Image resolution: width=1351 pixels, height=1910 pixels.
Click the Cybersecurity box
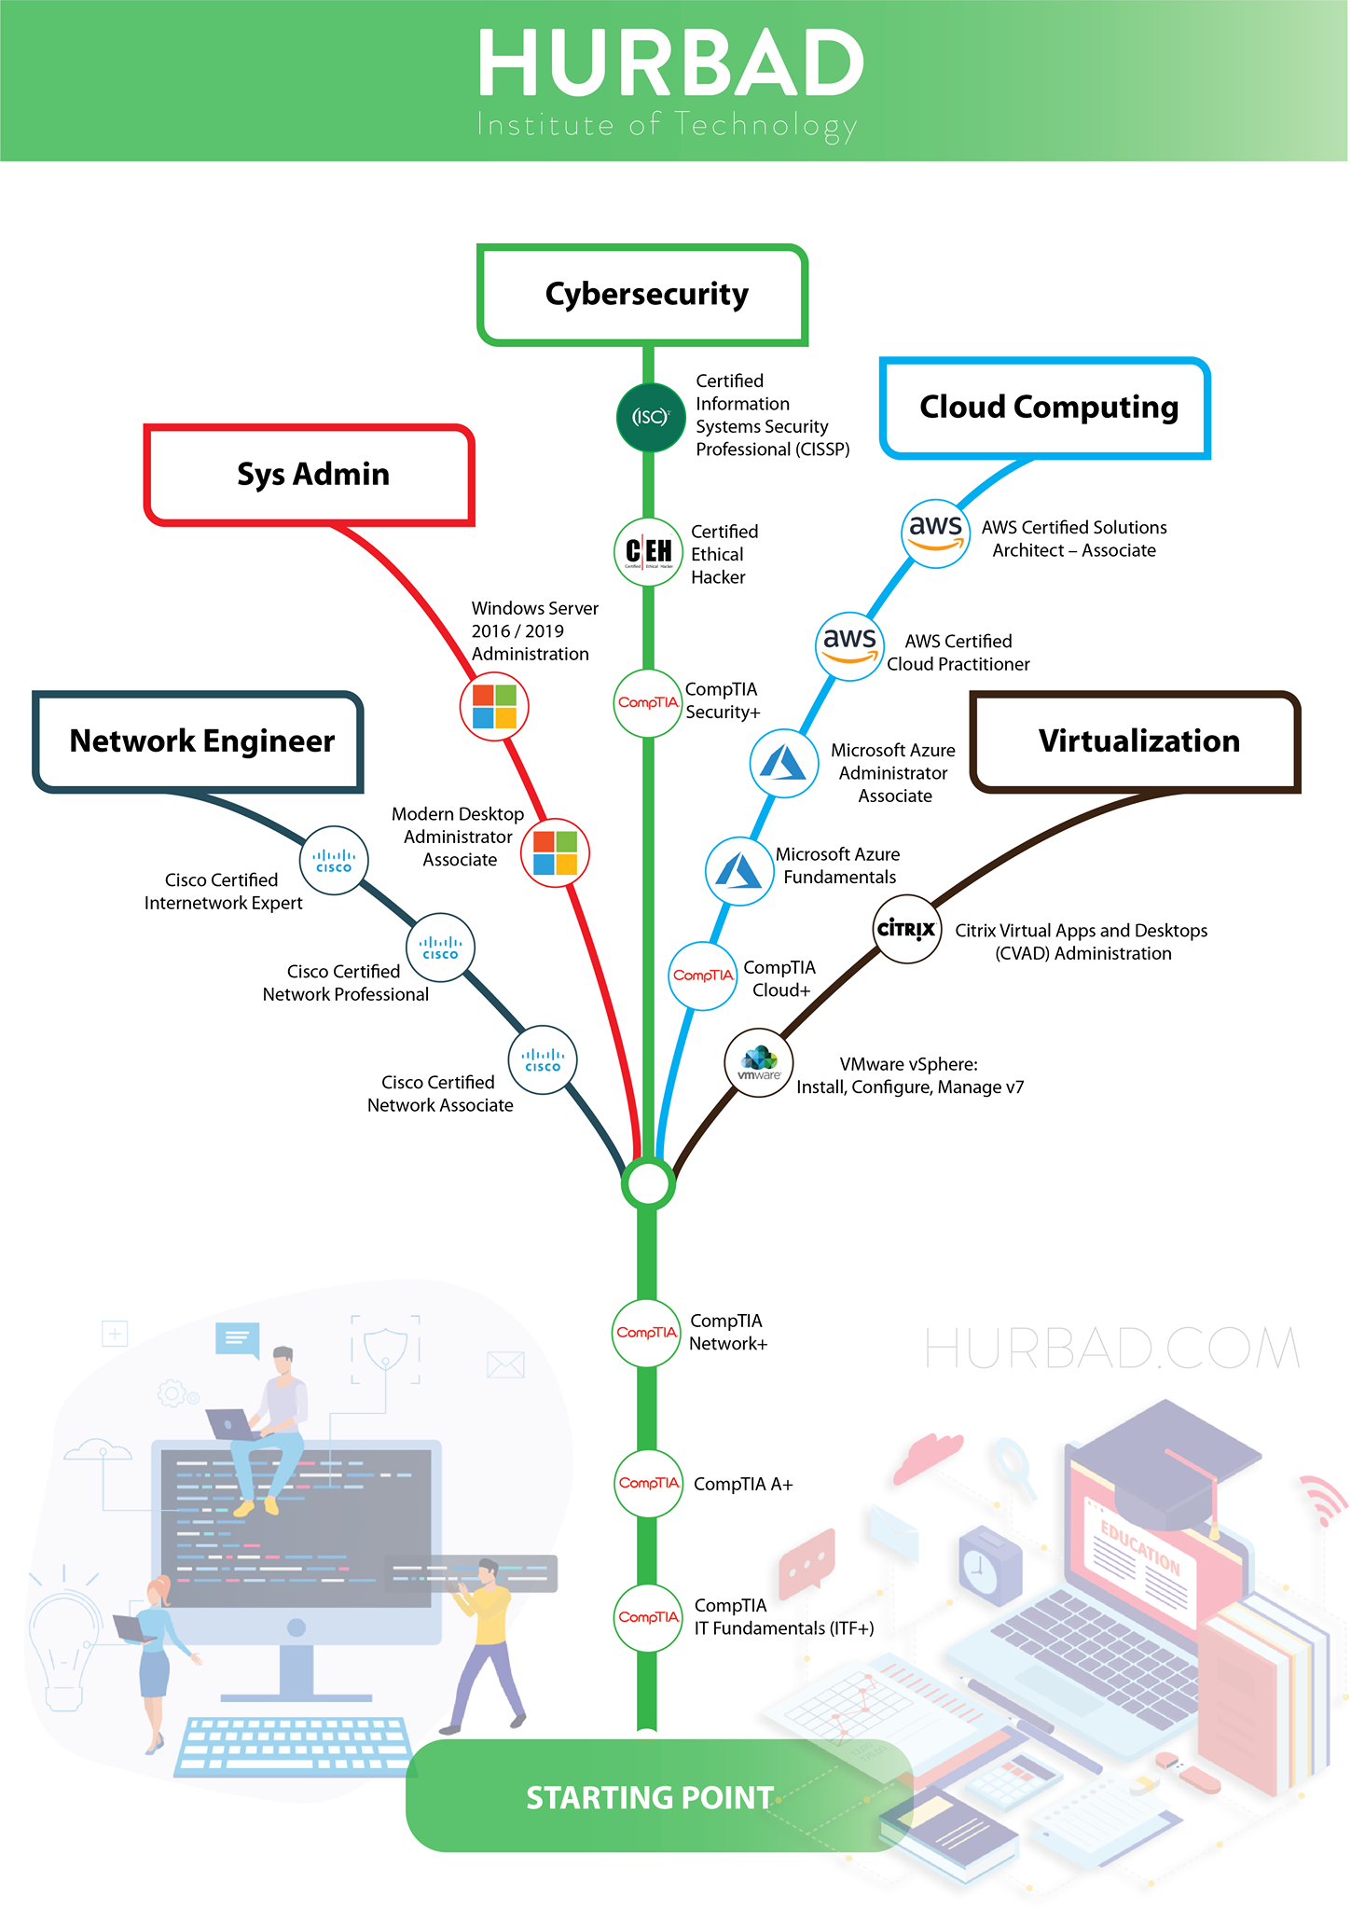point(642,295)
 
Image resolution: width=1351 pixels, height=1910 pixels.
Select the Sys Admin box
point(310,475)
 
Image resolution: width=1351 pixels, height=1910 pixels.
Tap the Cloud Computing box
point(1045,408)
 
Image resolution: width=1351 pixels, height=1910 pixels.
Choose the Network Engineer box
point(199,741)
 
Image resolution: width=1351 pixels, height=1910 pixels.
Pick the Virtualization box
point(1136,741)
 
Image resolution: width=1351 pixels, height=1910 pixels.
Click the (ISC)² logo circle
point(650,417)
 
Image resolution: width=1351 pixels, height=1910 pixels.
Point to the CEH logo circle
point(648,552)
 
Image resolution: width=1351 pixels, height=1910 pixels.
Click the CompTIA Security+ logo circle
point(648,702)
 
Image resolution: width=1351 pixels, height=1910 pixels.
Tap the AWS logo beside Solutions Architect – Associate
point(935,533)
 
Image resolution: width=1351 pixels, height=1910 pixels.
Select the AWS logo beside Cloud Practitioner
point(849,645)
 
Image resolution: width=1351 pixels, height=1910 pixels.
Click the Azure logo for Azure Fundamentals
point(739,871)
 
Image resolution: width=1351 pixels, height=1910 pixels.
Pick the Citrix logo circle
point(906,929)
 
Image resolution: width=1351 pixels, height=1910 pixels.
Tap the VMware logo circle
point(759,1063)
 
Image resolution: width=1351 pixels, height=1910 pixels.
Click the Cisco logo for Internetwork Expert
point(334,860)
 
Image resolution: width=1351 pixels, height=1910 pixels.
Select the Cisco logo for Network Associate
point(543,1059)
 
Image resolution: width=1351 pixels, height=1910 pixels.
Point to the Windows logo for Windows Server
point(494,706)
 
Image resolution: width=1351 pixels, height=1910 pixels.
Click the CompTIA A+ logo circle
point(648,1483)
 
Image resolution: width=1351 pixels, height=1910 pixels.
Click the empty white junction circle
point(648,1183)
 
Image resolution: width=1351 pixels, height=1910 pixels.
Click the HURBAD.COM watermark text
point(1112,1349)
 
